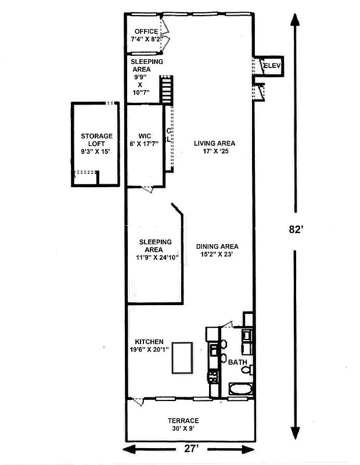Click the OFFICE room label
click(146, 31)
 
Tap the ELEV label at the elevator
click(272, 66)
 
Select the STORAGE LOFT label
click(97, 136)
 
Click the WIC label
click(145, 136)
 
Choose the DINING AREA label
click(217, 246)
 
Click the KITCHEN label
click(149, 342)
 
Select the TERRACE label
click(184, 420)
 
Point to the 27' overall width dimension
click(190, 449)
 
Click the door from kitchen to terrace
click(138, 400)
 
